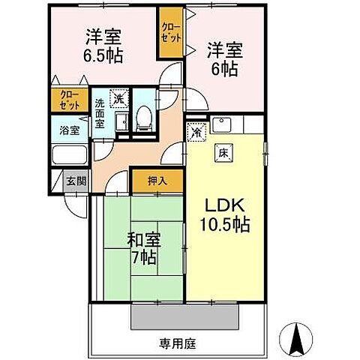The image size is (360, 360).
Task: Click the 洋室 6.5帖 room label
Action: pos(103,46)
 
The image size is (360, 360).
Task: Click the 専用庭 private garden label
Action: pos(177,343)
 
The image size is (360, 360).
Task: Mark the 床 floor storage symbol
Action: pos(223,152)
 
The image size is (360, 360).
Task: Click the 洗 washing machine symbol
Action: pos(118,97)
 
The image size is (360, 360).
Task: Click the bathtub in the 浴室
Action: pos(70,155)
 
